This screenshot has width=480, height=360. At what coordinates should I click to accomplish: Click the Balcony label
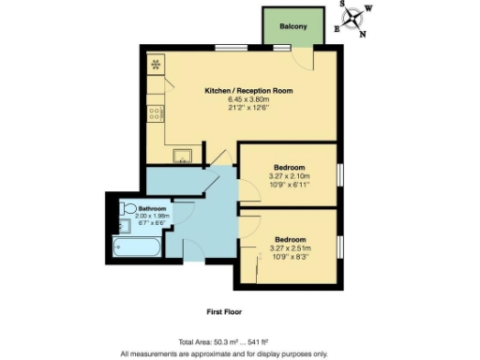coord(294,26)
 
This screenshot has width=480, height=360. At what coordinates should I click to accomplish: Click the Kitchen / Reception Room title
coord(249,91)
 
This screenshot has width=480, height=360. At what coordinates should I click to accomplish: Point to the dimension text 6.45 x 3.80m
coord(249,99)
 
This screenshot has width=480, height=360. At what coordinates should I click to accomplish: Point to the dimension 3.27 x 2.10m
coord(289,176)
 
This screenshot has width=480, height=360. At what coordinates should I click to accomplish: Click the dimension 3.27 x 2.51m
coord(289,247)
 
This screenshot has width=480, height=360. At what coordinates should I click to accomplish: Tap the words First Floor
coord(226,310)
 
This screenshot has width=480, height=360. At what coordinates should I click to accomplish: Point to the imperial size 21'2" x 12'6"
coord(249,108)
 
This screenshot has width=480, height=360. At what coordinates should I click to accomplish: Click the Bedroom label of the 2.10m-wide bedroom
coord(289,168)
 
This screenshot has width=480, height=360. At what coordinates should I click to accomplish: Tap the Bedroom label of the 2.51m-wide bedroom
coord(289,239)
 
